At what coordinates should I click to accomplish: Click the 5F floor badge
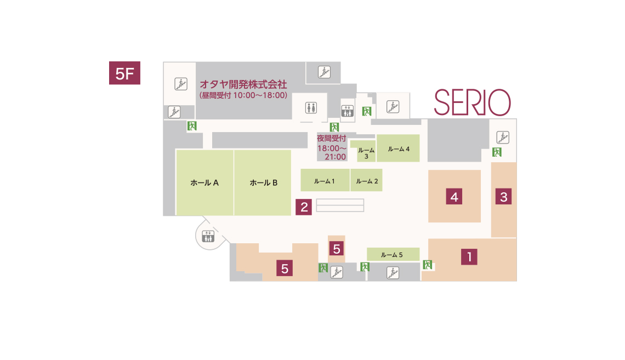124,73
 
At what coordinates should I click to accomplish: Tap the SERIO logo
473,102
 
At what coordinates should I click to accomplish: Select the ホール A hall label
204,183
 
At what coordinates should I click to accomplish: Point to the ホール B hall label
264,183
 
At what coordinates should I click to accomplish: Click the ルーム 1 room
325,180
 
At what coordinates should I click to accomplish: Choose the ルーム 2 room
367,180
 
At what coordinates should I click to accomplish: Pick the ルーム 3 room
366,151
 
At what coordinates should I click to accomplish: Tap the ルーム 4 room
398,148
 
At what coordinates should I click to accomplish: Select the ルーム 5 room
393,254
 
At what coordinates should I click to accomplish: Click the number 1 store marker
469,257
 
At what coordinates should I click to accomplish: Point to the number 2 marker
304,207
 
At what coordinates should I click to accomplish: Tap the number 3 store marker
503,197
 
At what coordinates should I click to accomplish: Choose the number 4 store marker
454,197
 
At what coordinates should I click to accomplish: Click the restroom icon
311,107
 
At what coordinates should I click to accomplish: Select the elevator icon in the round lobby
208,236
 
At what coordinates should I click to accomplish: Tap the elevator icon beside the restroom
347,111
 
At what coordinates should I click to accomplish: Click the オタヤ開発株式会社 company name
243,84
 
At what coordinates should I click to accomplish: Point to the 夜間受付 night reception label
331,138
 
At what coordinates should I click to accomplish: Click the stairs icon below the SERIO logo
503,138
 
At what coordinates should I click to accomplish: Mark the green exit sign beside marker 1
427,265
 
